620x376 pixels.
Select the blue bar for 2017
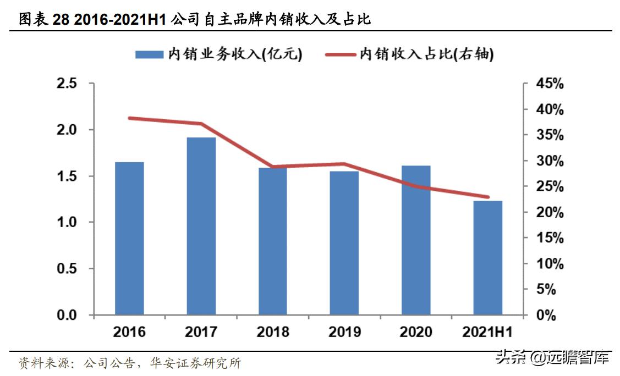pos(201,226)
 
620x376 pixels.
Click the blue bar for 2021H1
pos(488,258)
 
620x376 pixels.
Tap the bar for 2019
pos(344,243)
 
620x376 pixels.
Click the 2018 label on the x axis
pos(273,333)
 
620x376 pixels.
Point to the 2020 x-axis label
pos(416,333)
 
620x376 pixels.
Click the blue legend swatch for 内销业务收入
pos(150,54)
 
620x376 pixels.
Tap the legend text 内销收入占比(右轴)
pos(426,54)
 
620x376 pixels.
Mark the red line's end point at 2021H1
pos(488,197)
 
